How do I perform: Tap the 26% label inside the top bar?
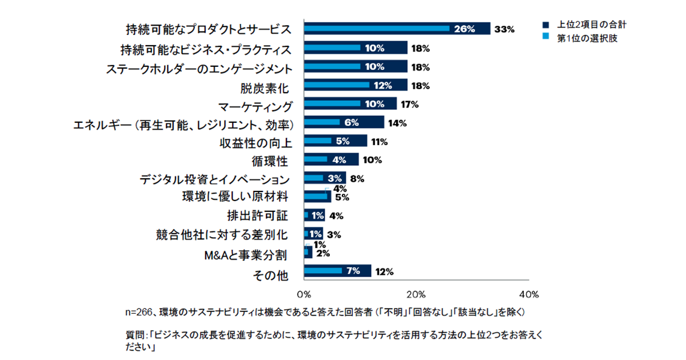[x=464, y=29]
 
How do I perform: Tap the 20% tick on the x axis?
[x=416, y=295]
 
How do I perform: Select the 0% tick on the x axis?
[x=304, y=295]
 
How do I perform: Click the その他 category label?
[x=270, y=275]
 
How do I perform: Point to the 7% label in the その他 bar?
[x=353, y=271]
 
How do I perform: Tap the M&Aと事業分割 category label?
[x=246, y=255]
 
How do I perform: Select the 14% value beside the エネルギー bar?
[x=397, y=123]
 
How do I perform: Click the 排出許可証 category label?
[x=258, y=216]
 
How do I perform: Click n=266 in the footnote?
[x=140, y=313]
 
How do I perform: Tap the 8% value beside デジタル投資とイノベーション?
[x=357, y=178]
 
